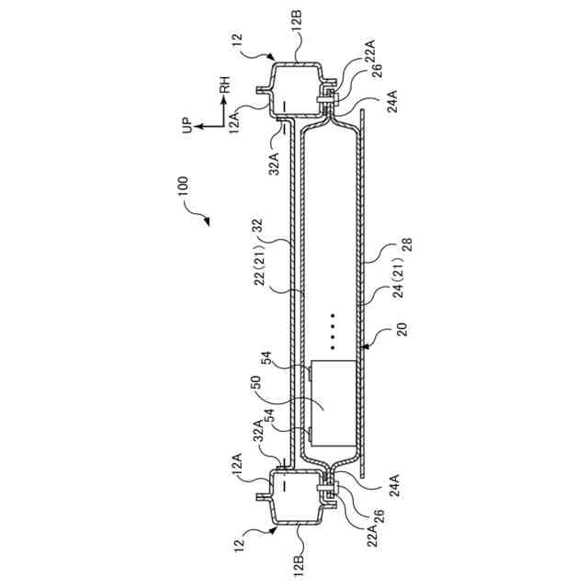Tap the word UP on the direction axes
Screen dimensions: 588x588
(x=187, y=125)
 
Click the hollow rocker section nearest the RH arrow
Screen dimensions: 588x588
(x=296, y=85)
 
